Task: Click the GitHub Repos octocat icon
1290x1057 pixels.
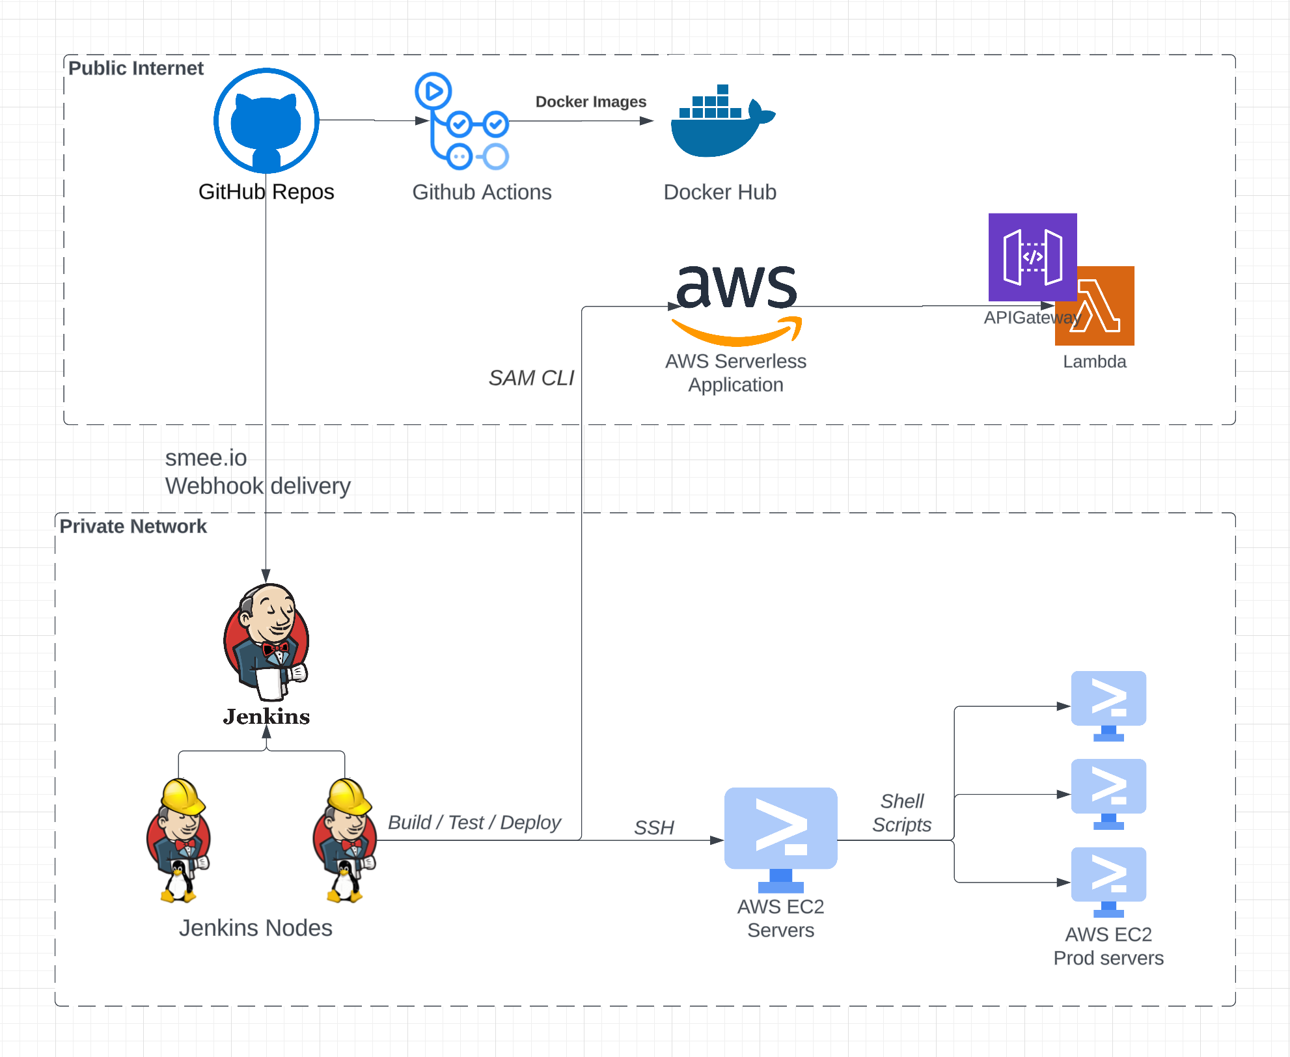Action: [266, 121]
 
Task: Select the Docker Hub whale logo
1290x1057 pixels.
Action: [721, 122]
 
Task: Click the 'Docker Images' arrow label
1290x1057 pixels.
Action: [590, 102]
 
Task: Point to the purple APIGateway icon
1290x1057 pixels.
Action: [1032, 256]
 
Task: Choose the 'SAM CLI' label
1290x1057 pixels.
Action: [531, 378]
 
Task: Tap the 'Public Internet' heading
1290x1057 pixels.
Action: [135, 68]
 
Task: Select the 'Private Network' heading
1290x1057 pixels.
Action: [133, 527]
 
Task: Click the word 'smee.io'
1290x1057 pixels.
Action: [206, 458]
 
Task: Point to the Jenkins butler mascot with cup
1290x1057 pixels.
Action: [266, 641]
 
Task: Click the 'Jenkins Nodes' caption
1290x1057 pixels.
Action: [255, 928]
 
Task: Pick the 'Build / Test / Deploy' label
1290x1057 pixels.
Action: [474, 823]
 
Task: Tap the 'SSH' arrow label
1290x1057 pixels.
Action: [653, 828]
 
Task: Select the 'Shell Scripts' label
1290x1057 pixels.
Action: [902, 813]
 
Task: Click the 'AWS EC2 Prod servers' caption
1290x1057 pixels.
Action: [1108, 946]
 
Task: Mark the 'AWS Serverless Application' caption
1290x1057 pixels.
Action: [735, 373]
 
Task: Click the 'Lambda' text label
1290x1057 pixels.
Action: [1094, 362]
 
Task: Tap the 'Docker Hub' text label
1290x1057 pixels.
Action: [720, 193]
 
